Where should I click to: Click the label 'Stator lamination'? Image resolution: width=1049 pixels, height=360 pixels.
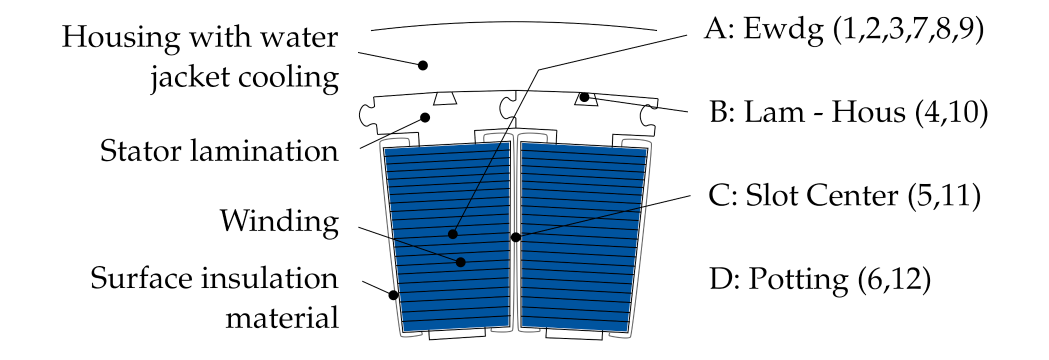click(219, 151)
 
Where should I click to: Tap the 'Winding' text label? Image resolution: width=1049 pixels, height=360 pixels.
click(279, 221)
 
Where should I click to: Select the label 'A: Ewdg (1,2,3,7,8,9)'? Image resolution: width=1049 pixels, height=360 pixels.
click(843, 28)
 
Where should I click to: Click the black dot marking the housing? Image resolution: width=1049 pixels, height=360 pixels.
click(423, 65)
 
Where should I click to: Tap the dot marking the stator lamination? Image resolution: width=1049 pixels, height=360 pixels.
click(425, 117)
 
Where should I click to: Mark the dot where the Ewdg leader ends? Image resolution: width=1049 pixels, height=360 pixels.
click(453, 234)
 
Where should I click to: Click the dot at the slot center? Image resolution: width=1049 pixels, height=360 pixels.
click(515, 237)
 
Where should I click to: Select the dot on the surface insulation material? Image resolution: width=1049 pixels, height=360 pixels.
click(393, 295)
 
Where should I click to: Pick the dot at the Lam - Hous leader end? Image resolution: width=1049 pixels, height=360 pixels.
click(584, 97)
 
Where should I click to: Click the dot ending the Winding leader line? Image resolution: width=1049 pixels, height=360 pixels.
click(461, 262)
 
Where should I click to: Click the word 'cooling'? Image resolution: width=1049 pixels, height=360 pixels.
click(288, 78)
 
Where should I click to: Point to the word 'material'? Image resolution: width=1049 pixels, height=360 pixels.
click(282, 318)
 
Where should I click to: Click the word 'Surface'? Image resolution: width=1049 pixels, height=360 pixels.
click(141, 278)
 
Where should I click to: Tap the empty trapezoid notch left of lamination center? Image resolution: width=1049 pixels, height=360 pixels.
click(444, 98)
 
